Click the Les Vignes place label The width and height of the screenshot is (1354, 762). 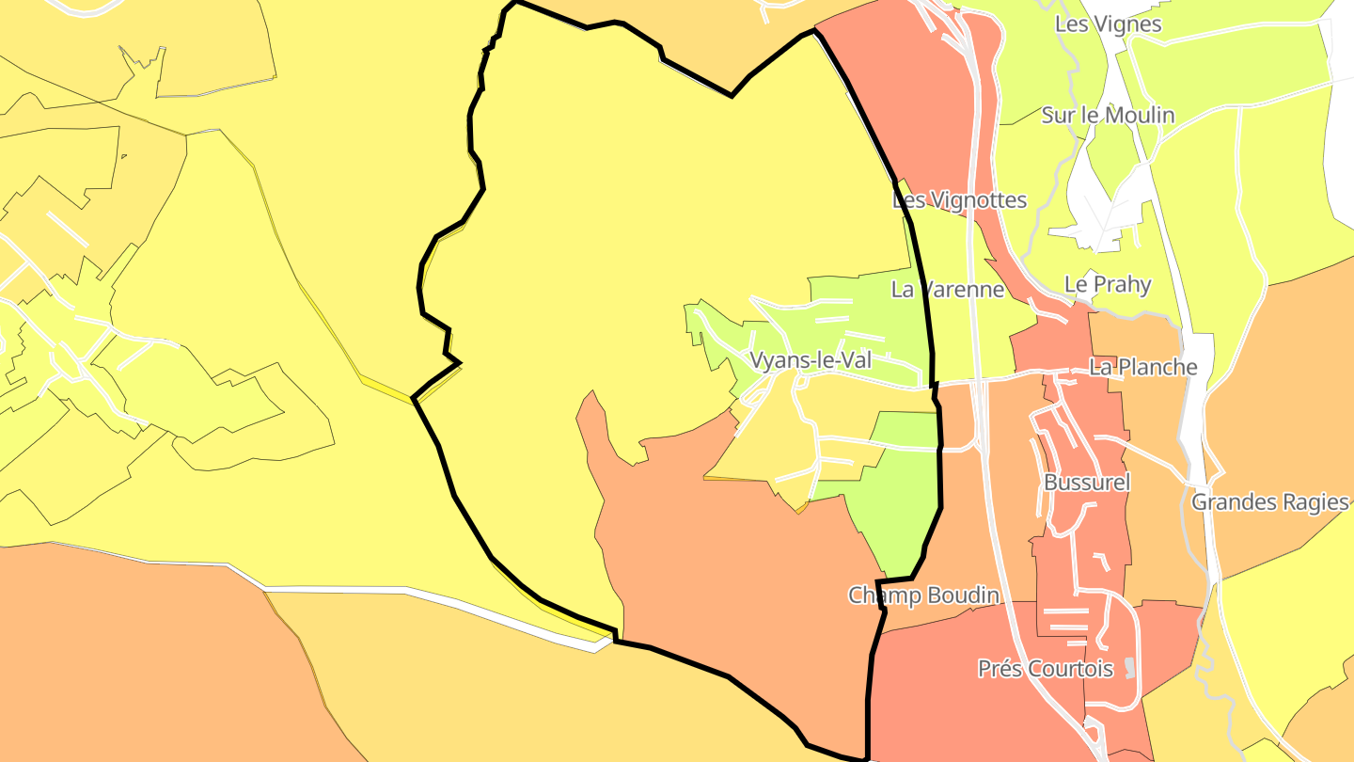pyautogui.click(x=1108, y=24)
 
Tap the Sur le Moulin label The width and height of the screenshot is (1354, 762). pyautogui.click(x=1108, y=116)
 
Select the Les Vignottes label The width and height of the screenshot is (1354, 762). pyautogui.click(x=959, y=200)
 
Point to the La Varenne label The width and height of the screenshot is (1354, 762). pyautogui.click(x=948, y=289)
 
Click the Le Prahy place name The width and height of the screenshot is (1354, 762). pyautogui.click(x=1107, y=284)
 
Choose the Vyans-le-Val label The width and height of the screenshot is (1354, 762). pyautogui.click(x=811, y=360)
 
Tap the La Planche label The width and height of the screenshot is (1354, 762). pyautogui.click(x=1142, y=367)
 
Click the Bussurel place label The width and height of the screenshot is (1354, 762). pyautogui.click(x=1086, y=483)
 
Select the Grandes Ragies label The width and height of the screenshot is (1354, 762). pyautogui.click(x=1269, y=502)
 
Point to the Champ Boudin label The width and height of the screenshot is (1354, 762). pyautogui.click(x=922, y=595)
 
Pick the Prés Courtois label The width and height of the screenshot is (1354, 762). pyautogui.click(x=1045, y=669)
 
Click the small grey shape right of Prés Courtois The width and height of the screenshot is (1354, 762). pyautogui.click(x=1129, y=668)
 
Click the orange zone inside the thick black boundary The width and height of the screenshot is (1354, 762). pyautogui.click(x=733, y=564)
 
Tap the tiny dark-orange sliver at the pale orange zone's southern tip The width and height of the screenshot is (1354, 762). pyautogui.click(x=802, y=509)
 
